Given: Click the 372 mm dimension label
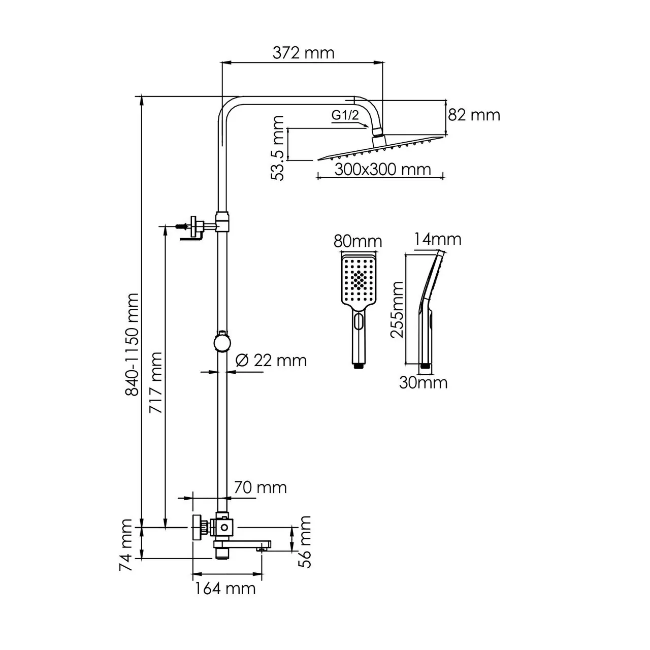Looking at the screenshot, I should coord(304,52).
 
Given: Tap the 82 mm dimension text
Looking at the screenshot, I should coord(474,115).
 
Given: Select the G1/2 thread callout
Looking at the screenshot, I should coord(345,115).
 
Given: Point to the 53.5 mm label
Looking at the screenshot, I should coord(277,148).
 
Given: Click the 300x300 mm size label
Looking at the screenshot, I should coord(382,169).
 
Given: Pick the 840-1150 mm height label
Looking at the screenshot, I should coord(132,344).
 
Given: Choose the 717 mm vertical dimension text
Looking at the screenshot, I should coord(156,382).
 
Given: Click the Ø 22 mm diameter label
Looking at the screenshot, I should coord(271,361).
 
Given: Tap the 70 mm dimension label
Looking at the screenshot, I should coord(260,487).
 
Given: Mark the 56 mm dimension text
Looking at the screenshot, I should coord(305,541).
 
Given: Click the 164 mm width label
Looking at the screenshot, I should coord(225,589).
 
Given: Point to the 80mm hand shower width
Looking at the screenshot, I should coord(358,241).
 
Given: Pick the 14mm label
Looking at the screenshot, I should coord(437,239).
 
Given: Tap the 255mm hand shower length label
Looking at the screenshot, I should coord(397,309).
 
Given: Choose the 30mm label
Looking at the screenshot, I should coord(423,382).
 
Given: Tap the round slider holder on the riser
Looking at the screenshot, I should coord(222,341).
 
